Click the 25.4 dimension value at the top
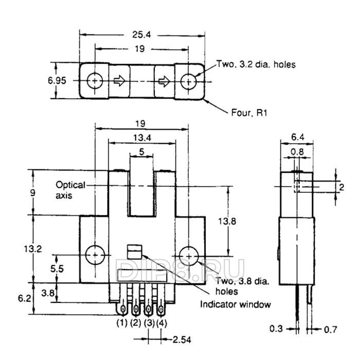click(x=141, y=34)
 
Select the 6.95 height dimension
click(x=57, y=81)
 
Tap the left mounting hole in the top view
click(x=95, y=81)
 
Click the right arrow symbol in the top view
click(x=164, y=81)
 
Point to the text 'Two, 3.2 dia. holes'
click(x=256, y=64)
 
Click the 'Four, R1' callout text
click(x=249, y=113)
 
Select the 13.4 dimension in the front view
click(x=142, y=138)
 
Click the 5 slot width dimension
click(x=141, y=152)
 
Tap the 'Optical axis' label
click(x=70, y=190)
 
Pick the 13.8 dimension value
click(x=227, y=221)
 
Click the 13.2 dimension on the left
click(x=33, y=248)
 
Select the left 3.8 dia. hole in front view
click(x=95, y=255)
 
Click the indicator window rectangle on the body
click(x=135, y=252)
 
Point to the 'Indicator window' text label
click(x=236, y=304)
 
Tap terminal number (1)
click(x=122, y=323)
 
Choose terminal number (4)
click(x=161, y=323)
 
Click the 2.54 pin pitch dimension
click(x=182, y=339)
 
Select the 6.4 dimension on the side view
click(x=298, y=137)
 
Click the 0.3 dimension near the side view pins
click(x=276, y=329)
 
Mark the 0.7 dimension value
click(x=330, y=330)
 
